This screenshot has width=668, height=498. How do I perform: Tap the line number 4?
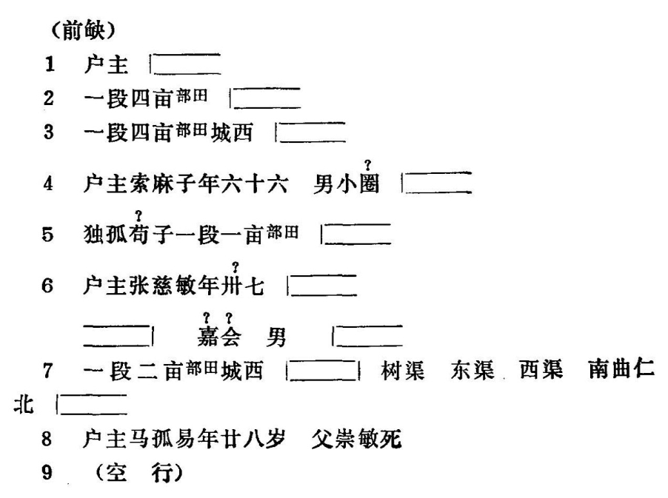pos(48,184)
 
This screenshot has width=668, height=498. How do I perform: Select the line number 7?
pos(48,371)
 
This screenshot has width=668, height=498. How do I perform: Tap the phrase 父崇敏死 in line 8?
pos(364,440)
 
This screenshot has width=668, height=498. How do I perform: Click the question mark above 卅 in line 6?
pos(236,266)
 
